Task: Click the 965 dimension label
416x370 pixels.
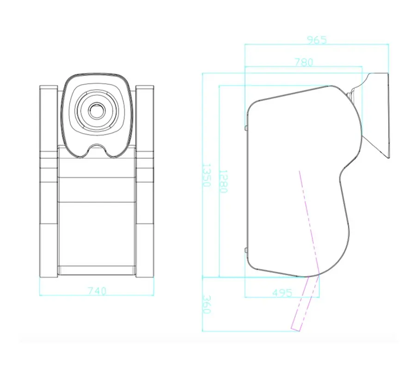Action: click(317, 40)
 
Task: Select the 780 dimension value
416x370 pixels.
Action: click(304, 62)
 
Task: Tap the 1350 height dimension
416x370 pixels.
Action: click(207, 175)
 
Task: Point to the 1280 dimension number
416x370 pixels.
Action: click(223, 181)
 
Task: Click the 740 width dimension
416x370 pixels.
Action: click(97, 291)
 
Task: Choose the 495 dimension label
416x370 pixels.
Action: click(282, 293)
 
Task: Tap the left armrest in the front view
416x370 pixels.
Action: click(49, 181)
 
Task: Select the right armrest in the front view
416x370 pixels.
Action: click(145, 181)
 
